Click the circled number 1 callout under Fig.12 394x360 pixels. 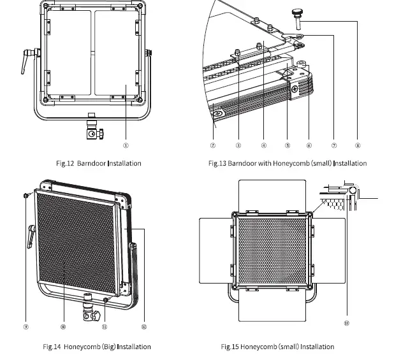pyautogui.click(x=126, y=145)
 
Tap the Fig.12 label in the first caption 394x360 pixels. pyautogui.click(x=65, y=164)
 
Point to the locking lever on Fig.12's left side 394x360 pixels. pyautogui.click(x=27, y=61)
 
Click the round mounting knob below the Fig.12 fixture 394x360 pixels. pyautogui.click(x=93, y=134)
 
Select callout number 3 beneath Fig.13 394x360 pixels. pyautogui.click(x=238, y=145)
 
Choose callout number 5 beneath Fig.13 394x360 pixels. pyautogui.click(x=287, y=145)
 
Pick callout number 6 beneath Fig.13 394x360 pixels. pyautogui.click(x=309, y=145)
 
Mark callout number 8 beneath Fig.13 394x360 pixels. pyautogui.click(x=357, y=145)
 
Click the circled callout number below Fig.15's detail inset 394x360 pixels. pyautogui.click(x=346, y=323)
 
